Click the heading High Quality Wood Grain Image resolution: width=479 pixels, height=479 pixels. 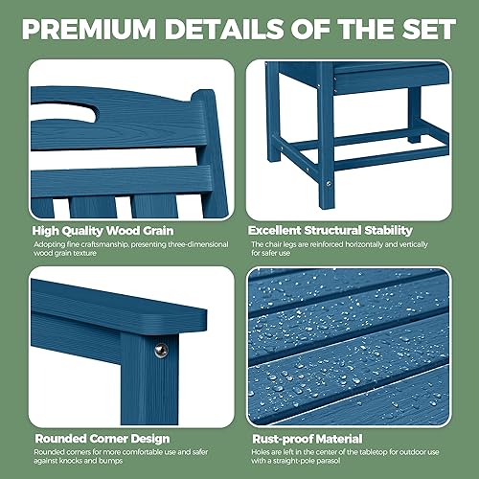[x=100, y=230]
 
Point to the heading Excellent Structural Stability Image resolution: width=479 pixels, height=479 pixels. [x=330, y=230]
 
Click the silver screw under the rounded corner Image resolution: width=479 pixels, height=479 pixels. [x=160, y=351]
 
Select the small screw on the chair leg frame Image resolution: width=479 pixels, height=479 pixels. [x=330, y=183]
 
